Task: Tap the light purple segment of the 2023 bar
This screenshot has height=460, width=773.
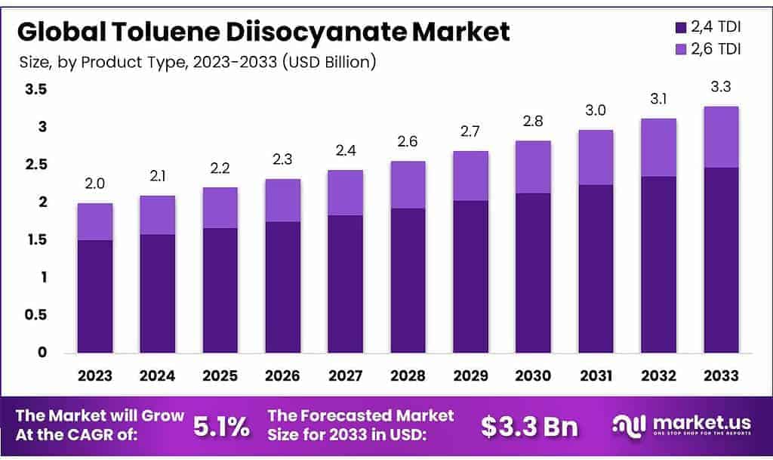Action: point(95,221)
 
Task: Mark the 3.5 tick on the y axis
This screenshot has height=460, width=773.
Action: point(36,90)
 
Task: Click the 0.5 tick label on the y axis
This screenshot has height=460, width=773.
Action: point(36,315)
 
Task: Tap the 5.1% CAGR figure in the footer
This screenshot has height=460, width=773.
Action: point(222,427)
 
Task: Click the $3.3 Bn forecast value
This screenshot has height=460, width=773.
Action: point(529,427)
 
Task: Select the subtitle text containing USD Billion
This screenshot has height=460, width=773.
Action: point(197,62)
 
